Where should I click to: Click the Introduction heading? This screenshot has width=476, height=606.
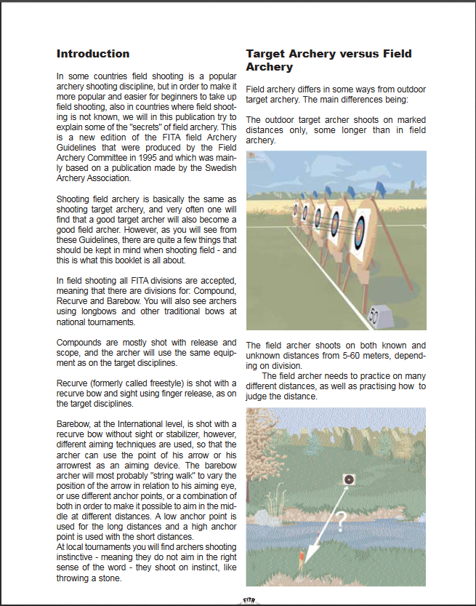pos(93,54)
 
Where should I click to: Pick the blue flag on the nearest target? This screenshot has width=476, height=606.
pos(379,191)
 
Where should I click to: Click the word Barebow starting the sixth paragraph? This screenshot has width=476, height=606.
pos(74,423)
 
